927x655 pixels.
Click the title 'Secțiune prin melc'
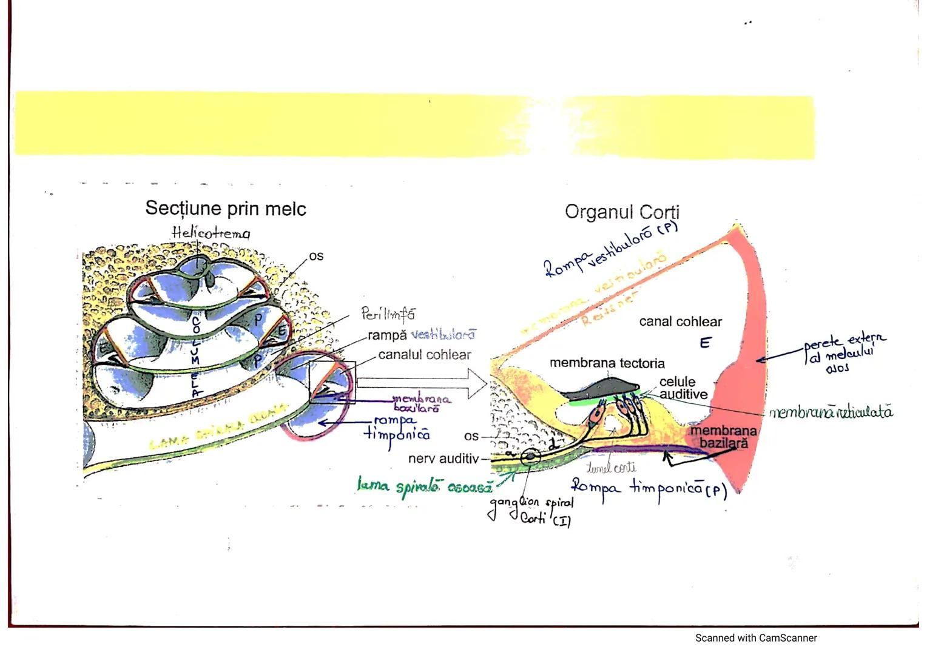coord(226,209)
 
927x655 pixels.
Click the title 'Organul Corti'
coord(622,212)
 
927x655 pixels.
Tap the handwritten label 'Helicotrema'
coord(211,232)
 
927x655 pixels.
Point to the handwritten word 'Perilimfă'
coord(388,314)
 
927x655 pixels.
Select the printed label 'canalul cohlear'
coord(424,355)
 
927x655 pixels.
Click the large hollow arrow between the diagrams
coord(422,383)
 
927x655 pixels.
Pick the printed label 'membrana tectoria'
coord(607,363)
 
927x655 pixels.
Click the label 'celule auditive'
coord(683,388)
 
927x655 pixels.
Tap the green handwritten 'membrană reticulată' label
coord(831,413)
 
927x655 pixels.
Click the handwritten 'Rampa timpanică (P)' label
coord(649,488)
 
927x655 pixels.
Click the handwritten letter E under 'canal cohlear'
coord(704,343)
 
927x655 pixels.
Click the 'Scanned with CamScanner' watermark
coord(755,638)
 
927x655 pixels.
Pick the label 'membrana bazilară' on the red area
coord(723,437)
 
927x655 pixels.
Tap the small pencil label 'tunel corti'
coord(611,468)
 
